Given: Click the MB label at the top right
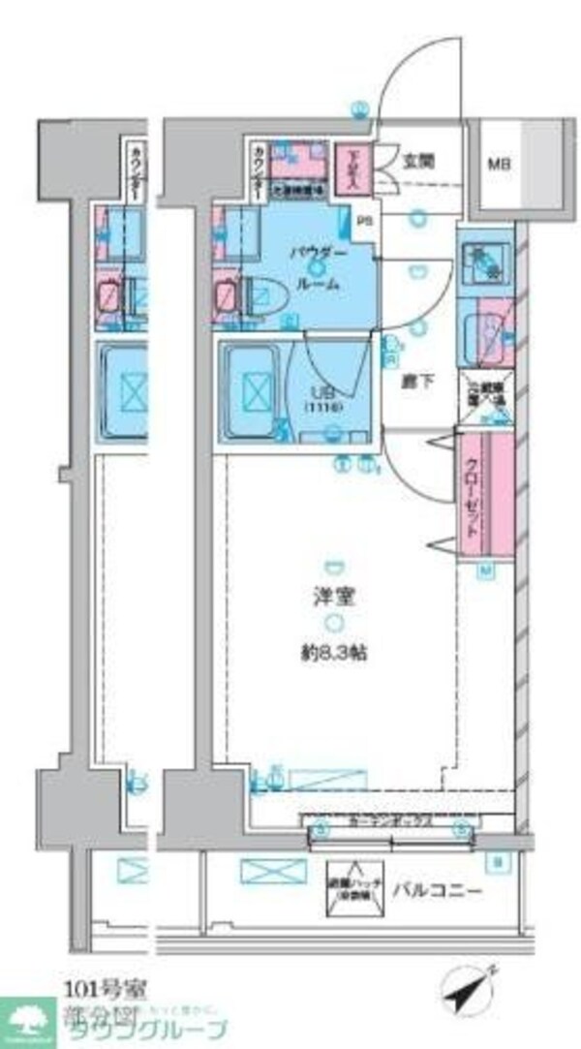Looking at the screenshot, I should pyautogui.click(x=498, y=164).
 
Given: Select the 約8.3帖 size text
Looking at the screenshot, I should pyautogui.click(x=332, y=652).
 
